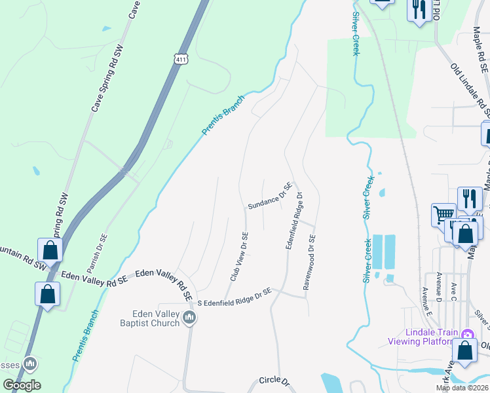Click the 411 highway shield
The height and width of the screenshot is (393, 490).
(x=181, y=58)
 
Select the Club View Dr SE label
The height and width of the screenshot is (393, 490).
(x=239, y=257)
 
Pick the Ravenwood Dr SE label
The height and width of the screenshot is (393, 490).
(x=309, y=263)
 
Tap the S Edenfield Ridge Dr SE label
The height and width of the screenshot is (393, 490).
(x=234, y=295)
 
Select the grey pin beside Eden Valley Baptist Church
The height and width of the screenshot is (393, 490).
(x=190, y=318)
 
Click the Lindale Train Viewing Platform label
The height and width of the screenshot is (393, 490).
(x=422, y=337)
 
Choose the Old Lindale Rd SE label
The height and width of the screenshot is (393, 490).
(x=470, y=85)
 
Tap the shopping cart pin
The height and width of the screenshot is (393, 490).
(x=443, y=214)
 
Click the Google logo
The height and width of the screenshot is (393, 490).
(x=22, y=385)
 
